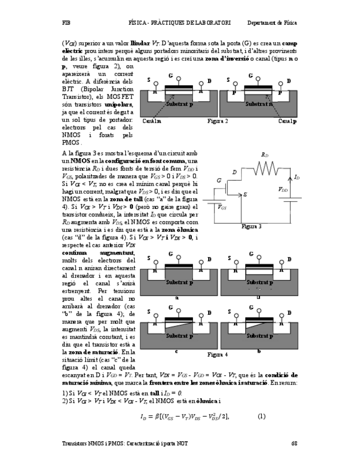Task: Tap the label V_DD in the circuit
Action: click(283, 190)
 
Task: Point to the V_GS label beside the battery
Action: click(221, 207)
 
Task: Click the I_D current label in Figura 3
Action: click(297, 177)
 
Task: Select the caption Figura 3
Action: click(252, 226)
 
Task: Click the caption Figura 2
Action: click(218, 120)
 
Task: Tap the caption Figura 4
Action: click(218, 354)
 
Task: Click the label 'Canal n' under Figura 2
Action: click(151, 121)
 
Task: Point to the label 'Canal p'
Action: click(287, 121)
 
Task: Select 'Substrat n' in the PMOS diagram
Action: click(258, 104)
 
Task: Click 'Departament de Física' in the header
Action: click(272, 23)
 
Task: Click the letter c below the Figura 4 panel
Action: click(176, 351)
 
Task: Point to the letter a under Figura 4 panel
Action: click(176, 297)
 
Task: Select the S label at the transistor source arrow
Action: click(245, 195)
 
